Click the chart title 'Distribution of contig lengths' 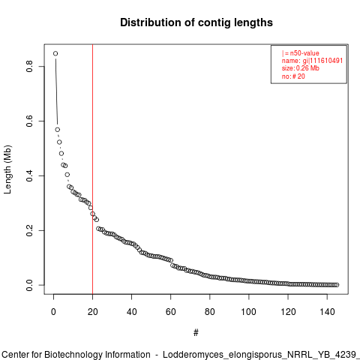pyautogui.click(x=196, y=22)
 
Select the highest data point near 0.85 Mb pyautogui.click(x=55, y=53)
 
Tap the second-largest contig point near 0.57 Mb pyautogui.click(x=58, y=130)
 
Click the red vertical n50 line pyautogui.click(x=93, y=169)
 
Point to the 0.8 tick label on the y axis pyautogui.click(x=29, y=67)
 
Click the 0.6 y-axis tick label pyautogui.click(x=29, y=121)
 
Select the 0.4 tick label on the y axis pyautogui.click(x=29, y=175)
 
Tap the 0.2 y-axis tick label pyautogui.click(x=29, y=230)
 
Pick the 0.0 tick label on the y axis pyautogui.click(x=29, y=285)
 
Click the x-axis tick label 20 pyautogui.click(x=93, y=312)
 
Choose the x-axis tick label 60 pyautogui.click(x=171, y=312)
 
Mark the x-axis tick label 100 pyautogui.click(x=249, y=312)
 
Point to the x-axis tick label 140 pyautogui.click(x=327, y=312)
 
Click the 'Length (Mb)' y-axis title pyautogui.click(x=7, y=169)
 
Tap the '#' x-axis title pyautogui.click(x=196, y=333)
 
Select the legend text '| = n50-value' pyautogui.click(x=301, y=53)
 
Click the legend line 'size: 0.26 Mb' pyautogui.click(x=301, y=68)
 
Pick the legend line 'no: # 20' pyautogui.click(x=293, y=76)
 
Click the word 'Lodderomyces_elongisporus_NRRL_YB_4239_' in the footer pyautogui.click(x=261, y=355)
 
